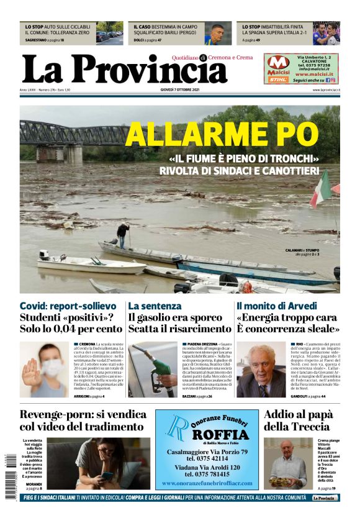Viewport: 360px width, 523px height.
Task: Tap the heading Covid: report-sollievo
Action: [x=68, y=306]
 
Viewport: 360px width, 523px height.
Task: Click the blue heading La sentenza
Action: [x=154, y=306]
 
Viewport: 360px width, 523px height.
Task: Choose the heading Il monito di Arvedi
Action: [x=277, y=306]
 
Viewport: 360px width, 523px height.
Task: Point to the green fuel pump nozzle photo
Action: [x=153, y=369]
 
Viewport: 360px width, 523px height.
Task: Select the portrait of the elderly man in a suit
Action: [x=261, y=370]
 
